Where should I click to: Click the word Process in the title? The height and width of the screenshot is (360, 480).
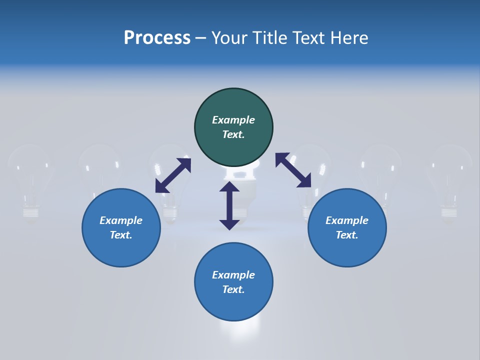click(157, 38)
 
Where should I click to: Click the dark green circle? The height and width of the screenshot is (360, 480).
click(233, 127)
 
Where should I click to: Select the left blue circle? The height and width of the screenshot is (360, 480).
click(121, 228)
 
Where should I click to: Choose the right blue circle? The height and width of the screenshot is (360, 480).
click(347, 228)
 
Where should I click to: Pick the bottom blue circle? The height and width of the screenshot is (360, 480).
click(233, 282)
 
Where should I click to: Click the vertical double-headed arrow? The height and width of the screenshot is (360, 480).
click(229, 205)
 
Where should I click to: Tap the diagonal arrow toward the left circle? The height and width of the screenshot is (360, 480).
click(173, 175)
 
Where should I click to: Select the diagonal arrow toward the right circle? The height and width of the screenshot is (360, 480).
click(293, 170)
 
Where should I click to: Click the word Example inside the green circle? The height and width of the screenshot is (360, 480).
click(233, 120)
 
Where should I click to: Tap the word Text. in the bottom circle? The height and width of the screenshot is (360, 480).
click(233, 289)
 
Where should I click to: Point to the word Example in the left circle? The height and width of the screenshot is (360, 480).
click(121, 220)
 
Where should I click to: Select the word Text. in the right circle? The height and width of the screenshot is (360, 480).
click(347, 235)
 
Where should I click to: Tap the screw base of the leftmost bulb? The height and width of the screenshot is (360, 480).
click(31, 213)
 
